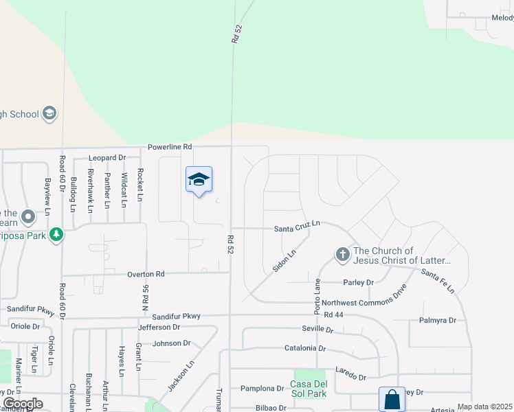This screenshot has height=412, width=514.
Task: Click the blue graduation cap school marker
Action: click(x=199, y=180)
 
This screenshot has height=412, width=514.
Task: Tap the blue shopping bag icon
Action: click(x=392, y=400)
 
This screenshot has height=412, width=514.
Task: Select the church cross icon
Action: click(x=343, y=255)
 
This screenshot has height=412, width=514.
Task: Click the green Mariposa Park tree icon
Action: click(x=56, y=236)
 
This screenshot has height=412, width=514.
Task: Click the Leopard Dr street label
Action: click(x=107, y=158)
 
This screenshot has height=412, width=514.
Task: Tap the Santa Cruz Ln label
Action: click(x=297, y=226)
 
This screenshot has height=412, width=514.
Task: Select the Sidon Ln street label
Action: click(x=284, y=262)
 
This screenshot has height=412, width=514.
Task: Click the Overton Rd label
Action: click(x=146, y=274)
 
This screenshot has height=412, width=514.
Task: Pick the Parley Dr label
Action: click(x=358, y=282)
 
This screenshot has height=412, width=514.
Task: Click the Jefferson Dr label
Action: click(x=159, y=328)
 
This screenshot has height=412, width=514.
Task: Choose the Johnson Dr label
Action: click(x=171, y=343)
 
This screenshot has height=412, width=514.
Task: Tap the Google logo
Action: click(x=23, y=404)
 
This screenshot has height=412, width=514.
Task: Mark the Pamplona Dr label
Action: click(x=262, y=388)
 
